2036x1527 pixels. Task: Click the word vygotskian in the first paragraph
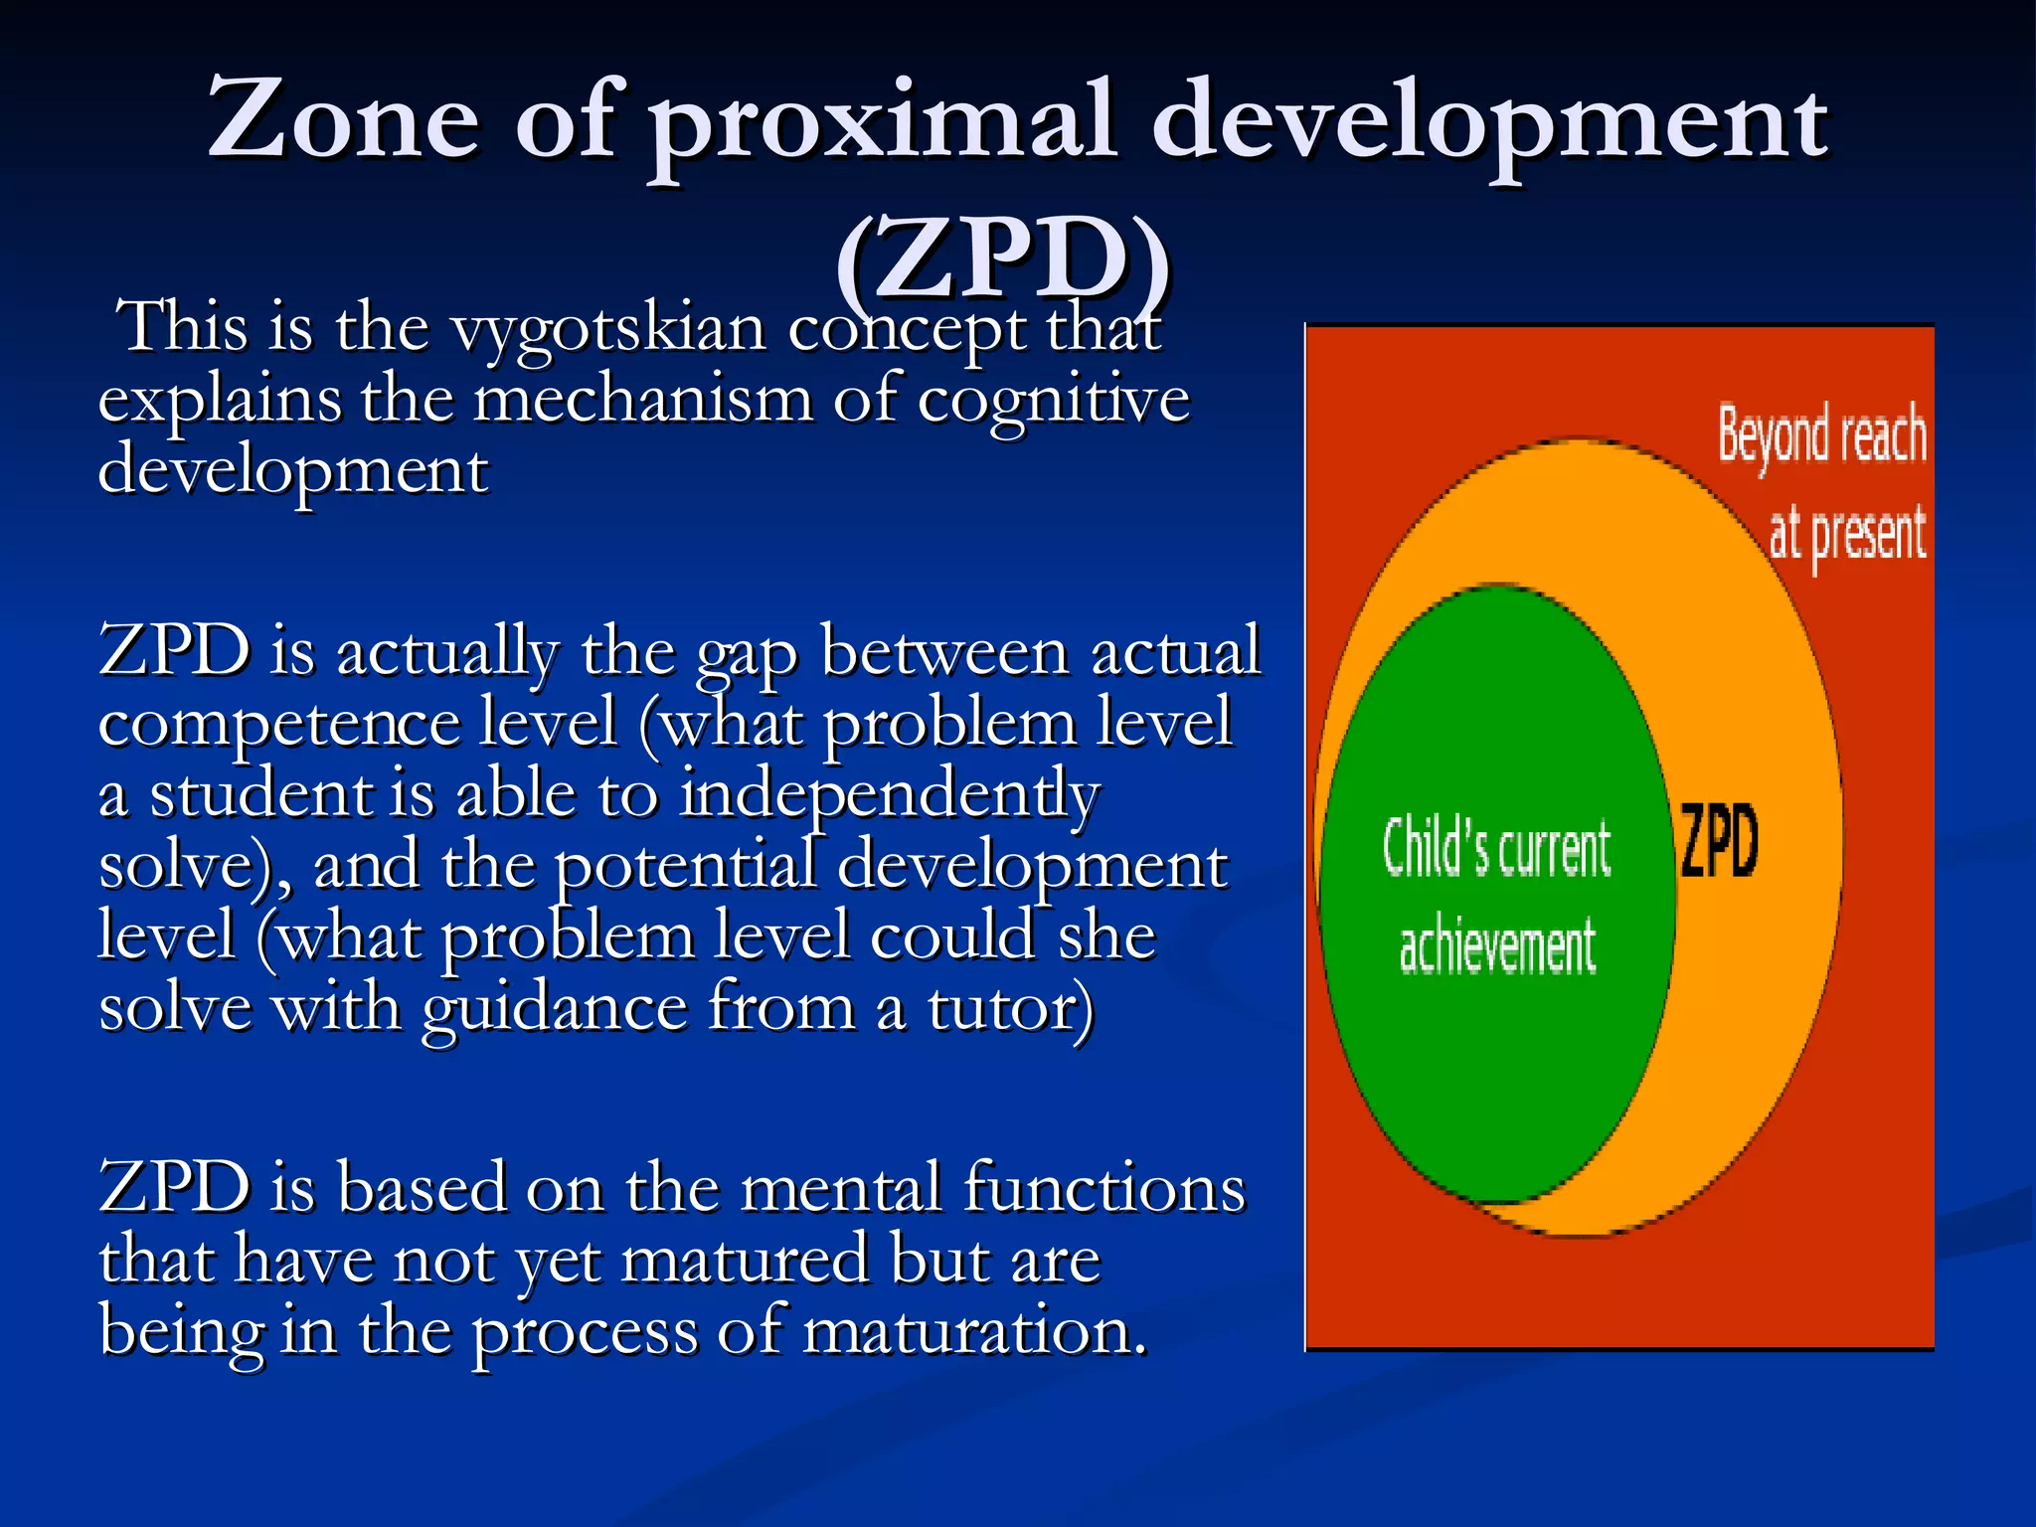(608, 330)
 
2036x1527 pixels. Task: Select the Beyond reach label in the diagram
(1821, 437)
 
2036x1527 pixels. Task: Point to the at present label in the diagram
(1847, 535)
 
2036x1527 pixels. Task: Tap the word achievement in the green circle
(1497, 946)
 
